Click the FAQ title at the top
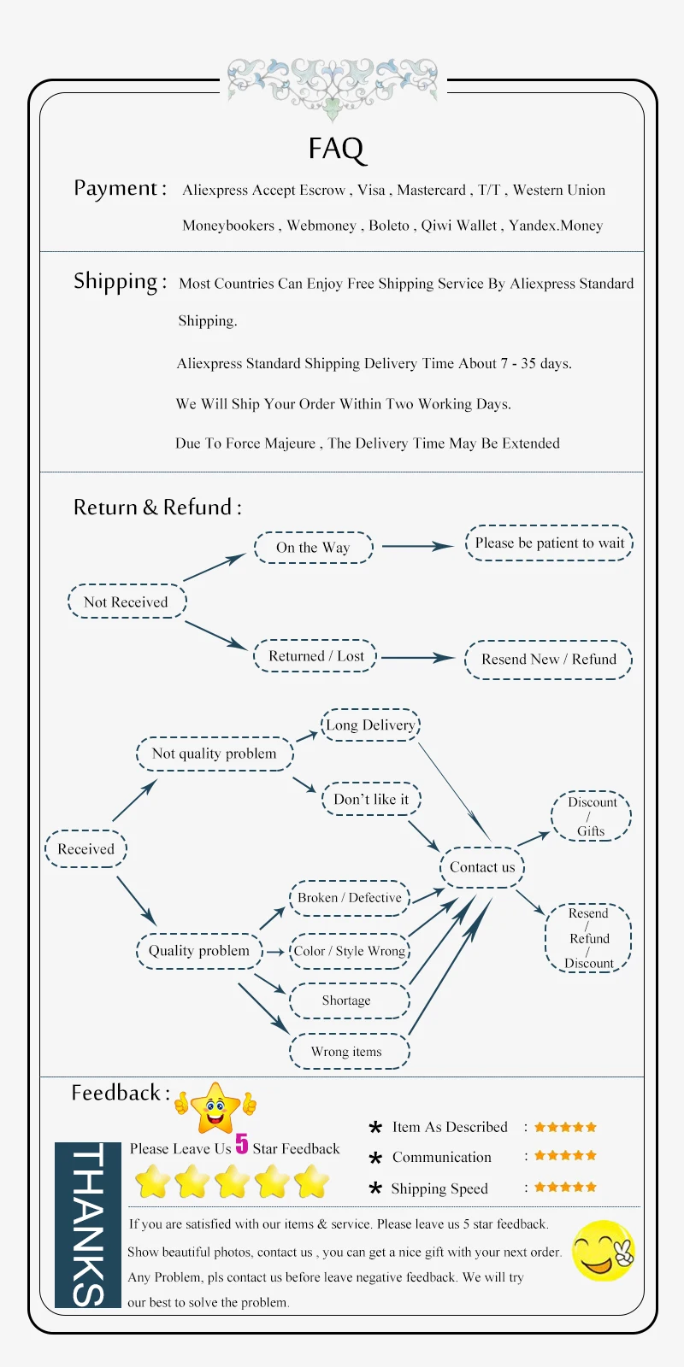[x=336, y=149]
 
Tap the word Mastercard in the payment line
[x=431, y=191]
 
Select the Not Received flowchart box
[x=127, y=601]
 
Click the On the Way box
[x=313, y=548]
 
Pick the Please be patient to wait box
[x=549, y=543]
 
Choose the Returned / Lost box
[x=315, y=656]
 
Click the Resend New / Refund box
[x=548, y=660]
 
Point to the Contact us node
[x=482, y=868]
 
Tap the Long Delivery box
[x=370, y=725]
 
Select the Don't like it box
[x=371, y=800]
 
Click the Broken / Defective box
[x=349, y=898]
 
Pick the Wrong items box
[x=347, y=1052]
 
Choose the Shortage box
[x=347, y=1000]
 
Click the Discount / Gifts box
[x=591, y=816]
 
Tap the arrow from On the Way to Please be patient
[x=417, y=546]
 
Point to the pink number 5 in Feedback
[x=242, y=1143]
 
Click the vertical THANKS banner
[x=87, y=1224]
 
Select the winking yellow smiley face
[x=604, y=1251]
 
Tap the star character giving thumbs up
[x=215, y=1107]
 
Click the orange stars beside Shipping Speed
[x=565, y=1187]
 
